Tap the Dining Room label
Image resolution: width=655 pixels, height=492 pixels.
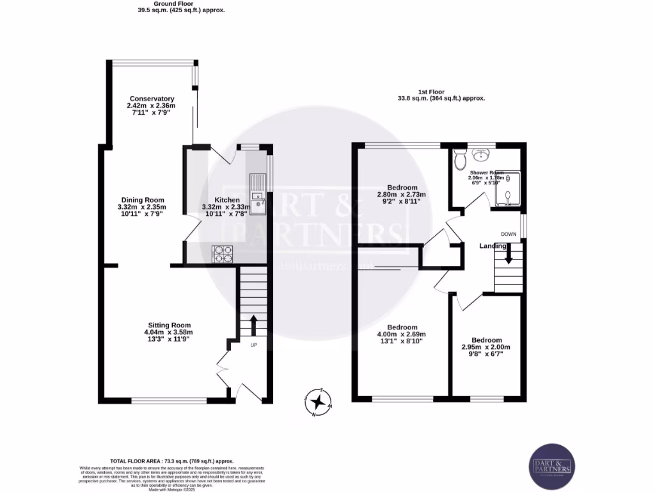click(141, 200)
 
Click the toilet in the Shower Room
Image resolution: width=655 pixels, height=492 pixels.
click(459, 160)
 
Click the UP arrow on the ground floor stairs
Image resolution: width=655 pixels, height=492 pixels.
click(253, 325)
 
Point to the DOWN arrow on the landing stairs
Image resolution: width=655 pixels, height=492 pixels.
click(509, 256)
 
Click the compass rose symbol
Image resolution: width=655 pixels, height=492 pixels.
click(319, 402)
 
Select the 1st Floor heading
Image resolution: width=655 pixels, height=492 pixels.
click(441, 92)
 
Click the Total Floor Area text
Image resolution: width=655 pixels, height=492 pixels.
click(172, 461)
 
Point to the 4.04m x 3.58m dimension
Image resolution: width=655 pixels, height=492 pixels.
click(168, 332)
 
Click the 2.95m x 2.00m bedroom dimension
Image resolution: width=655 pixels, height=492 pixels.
click(486, 347)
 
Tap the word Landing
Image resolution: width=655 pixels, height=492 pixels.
click(493, 246)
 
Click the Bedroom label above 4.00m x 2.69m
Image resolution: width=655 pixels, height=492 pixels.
click(402, 327)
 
